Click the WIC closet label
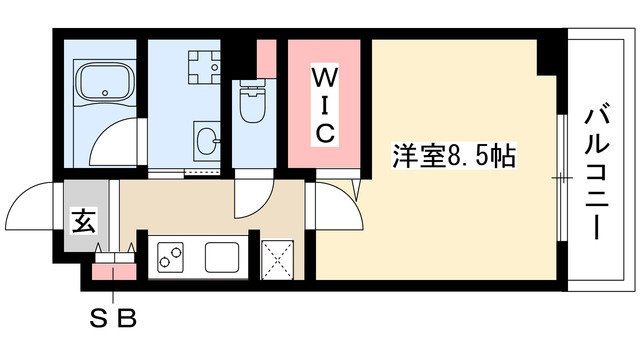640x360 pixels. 326,103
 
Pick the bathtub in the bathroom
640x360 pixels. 104,81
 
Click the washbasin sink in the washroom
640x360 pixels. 208,137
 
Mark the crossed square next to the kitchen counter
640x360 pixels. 277,258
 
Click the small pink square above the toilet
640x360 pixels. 266,57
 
